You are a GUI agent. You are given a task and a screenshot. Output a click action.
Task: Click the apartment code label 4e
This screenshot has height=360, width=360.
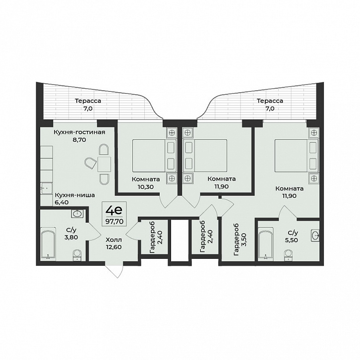114,211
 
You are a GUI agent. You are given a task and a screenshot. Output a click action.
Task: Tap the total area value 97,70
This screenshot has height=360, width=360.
114,221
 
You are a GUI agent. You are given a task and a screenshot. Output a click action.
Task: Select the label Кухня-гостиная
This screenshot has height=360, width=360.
79,132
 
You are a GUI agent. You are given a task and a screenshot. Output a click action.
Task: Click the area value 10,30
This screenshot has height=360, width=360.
146,186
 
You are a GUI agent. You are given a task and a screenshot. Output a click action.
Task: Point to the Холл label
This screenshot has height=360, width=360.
114,240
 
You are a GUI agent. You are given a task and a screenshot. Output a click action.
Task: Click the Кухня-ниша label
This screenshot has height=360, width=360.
75,195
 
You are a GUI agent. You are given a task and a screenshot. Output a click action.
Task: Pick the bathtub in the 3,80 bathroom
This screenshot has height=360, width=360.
48,243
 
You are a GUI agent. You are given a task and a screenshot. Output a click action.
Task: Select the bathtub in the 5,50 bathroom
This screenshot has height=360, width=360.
266,244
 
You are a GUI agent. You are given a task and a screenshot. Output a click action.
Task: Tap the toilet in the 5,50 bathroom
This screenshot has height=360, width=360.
288,255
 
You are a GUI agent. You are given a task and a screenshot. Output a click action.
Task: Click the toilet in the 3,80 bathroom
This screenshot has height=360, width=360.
77,255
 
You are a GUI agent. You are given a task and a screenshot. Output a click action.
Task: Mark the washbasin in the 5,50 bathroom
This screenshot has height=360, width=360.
315,235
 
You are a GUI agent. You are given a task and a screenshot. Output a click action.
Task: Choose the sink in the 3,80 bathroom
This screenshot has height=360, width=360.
77,214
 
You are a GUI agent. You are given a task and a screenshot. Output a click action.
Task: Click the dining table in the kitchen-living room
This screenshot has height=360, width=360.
104,164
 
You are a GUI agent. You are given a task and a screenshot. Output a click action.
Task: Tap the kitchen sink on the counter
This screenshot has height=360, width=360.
47,188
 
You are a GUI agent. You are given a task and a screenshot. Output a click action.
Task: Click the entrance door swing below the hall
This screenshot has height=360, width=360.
114,271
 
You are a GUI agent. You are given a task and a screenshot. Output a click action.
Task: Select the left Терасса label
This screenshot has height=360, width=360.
88,101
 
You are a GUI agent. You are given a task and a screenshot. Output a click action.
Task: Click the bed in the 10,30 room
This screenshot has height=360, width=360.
154,155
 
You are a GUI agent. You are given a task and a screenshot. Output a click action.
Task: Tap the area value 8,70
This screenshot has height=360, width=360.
79,139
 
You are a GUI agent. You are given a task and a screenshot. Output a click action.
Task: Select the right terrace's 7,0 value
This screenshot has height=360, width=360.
270,109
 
